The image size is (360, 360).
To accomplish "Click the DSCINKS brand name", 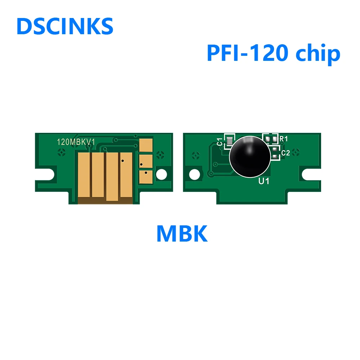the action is [65, 26].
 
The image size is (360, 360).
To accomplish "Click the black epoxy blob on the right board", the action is [250, 156].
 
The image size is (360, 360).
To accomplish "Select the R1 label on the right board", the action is [284, 138].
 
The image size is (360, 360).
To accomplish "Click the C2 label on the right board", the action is [285, 153].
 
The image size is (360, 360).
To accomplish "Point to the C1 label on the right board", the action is [220, 141].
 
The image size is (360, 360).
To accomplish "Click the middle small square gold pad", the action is [145, 161].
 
